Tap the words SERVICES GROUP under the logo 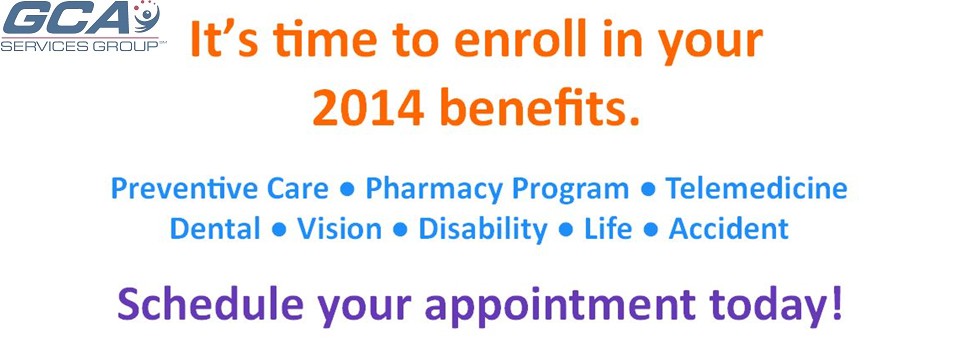(79, 46)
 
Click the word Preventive (185, 188)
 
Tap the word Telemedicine (757, 188)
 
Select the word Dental (215, 228)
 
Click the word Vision (339, 228)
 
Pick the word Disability (482, 230)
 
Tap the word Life (609, 228)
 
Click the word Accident (729, 228)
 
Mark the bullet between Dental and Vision (279, 230)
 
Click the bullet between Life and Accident (651, 230)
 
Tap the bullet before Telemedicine (648, 190)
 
